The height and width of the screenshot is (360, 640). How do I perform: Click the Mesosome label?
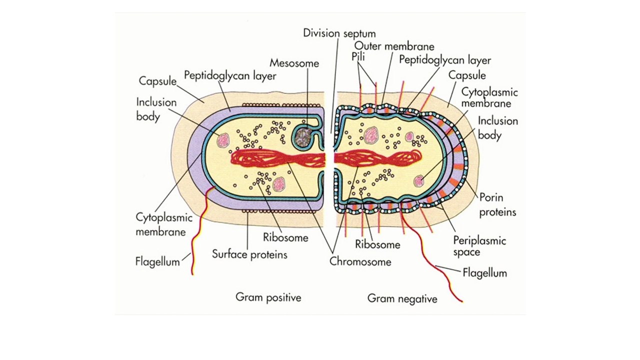pyautogui.click(x=294, y=63)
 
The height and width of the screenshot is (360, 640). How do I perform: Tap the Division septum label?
pyautogui.click(x=339, y=33)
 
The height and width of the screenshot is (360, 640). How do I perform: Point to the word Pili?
pyautogui.click(x=358, y=57)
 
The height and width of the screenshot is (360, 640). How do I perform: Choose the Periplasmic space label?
pyautogui.click(x=479, y=246)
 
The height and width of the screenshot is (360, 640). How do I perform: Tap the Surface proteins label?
pyautogui.click(x=249, y=254)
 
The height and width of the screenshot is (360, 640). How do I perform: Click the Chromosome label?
pyautogui.click(x=360, y=261)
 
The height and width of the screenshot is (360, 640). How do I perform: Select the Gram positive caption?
pyautogui.click(x=268, y=298)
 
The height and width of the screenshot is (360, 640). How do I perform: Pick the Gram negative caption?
pyautogui.click(x=402, y=299)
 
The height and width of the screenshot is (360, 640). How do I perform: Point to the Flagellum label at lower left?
pyautogui.click(x=157, y=261)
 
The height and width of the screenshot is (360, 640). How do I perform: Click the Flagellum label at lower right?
pyautogui.click(x=484, y=273)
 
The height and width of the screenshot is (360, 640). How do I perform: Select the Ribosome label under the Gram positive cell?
pyautogui.click(x=285, y=237)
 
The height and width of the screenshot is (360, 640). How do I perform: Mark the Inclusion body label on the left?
pyautogui.click(x=156, y=109)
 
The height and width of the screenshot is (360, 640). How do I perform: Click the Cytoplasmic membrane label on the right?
pyautogui.click(x=489, y=98)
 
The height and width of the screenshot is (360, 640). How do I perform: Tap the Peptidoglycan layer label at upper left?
pyautogui.click(x=230, y=76)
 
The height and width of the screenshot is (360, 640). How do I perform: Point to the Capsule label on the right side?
pyautogui.click(x=466, y=75)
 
